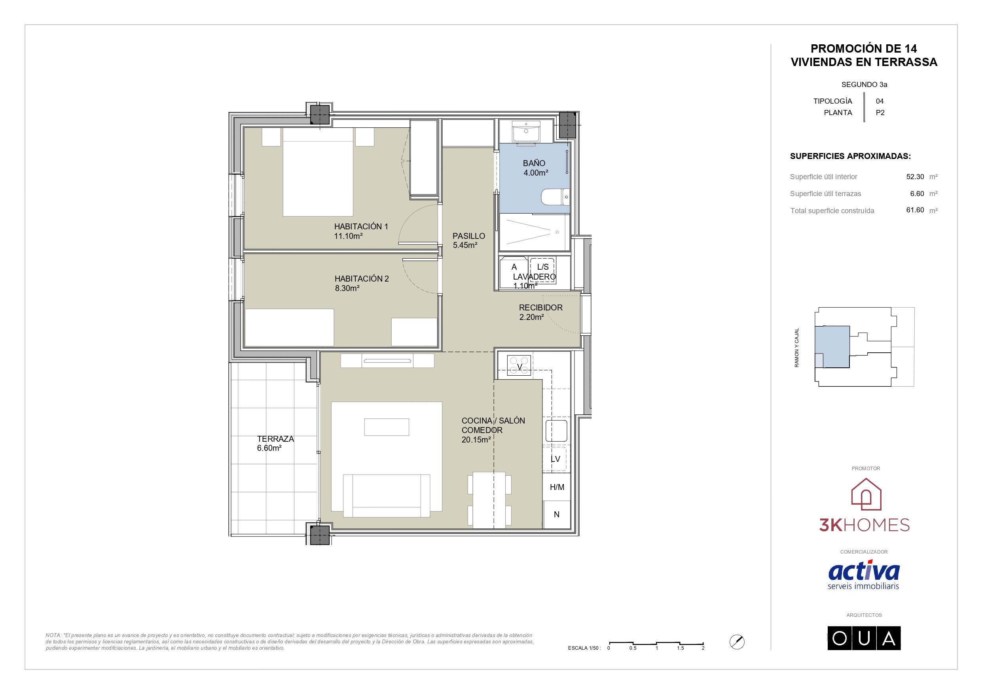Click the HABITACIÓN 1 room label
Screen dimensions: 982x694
pos(361,226)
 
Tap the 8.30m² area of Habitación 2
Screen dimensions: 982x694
pos(347,288)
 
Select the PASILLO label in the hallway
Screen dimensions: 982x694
pos(469,236)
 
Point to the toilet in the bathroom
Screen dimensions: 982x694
pos(555,197)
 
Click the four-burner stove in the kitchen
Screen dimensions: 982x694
pos(519,366)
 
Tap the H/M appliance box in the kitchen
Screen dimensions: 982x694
pos(556,487)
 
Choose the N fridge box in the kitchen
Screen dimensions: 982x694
pos(556,514)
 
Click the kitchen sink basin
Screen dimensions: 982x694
pos(556,430)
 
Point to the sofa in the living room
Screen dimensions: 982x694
pos(386,495)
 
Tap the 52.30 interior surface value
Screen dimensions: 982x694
pos(915,177)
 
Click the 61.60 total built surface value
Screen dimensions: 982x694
pos(915,210)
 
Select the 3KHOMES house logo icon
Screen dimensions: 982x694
pos(866,494)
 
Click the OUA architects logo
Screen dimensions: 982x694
pos(864,638)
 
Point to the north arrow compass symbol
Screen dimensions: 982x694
pos(737,642)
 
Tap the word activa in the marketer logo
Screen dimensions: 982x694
pos(864,571)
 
